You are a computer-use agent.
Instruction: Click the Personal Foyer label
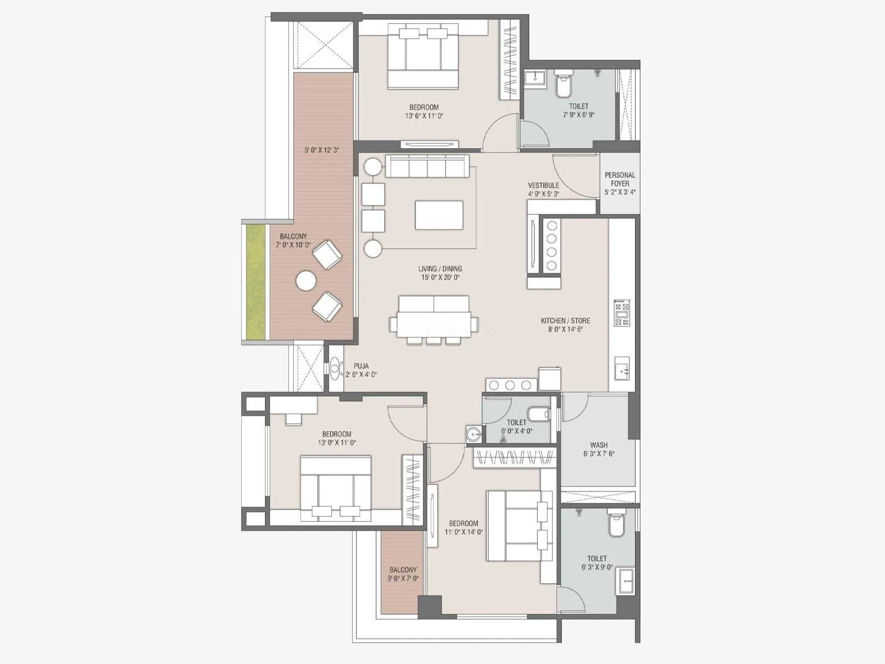619,183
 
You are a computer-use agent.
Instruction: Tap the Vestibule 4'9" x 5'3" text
543,189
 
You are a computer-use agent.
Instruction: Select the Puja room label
361,370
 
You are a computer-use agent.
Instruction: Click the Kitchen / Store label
565,324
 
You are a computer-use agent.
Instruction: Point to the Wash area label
598,449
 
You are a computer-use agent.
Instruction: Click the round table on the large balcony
306,281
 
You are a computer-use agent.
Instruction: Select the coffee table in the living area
439,215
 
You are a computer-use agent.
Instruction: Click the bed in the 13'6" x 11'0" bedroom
423,56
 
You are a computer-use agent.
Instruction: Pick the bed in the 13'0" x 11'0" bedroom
335,487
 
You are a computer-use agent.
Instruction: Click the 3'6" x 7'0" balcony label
403,574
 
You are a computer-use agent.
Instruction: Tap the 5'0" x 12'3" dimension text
321,150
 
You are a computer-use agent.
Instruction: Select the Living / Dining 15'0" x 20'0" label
440,273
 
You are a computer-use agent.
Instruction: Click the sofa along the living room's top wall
427,165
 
